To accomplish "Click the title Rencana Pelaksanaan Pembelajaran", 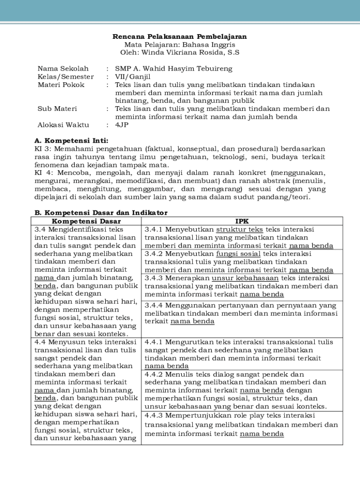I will pos(180,36).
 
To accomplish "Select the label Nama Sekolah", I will pos(63,69).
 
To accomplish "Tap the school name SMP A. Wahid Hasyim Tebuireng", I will pos(174,69).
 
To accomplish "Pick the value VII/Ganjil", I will pos(133,77).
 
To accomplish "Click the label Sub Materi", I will pos(57,109).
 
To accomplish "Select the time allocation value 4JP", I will pos(122,125).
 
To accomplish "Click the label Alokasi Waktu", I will pos(64,125).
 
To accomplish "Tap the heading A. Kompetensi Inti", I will pos(72,140).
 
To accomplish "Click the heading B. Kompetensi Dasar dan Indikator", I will pos(101,213).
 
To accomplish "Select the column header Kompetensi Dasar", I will pos(86,221).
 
